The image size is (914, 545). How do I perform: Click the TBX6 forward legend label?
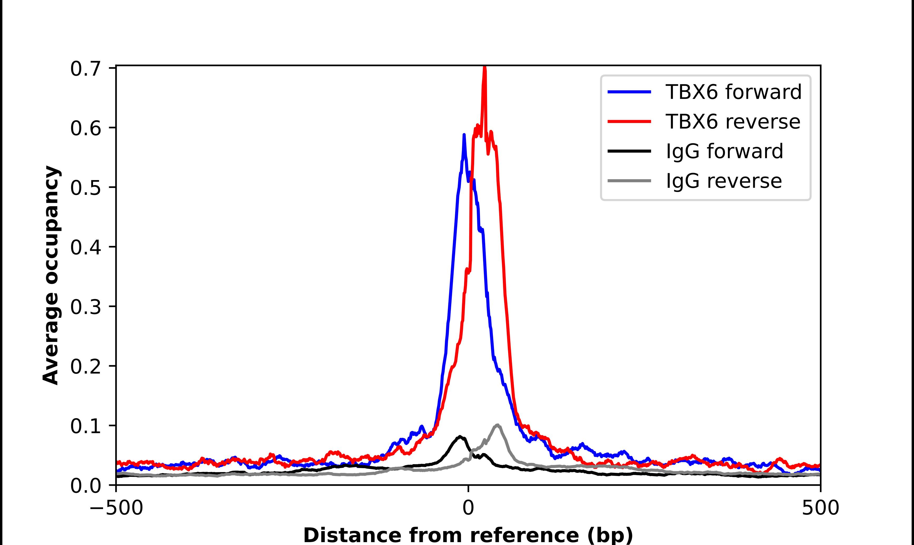coord(733,92)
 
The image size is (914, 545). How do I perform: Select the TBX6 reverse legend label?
coord(732,122)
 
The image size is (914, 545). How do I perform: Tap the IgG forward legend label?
coord(724,151)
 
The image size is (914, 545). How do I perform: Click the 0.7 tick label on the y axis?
coord(85,69)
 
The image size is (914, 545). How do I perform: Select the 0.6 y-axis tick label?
coord(85,128)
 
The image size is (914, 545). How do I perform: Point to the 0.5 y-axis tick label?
coord(85,188)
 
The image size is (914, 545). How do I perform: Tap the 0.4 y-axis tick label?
coord(85,247)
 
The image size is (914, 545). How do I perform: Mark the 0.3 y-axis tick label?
coord(85,307)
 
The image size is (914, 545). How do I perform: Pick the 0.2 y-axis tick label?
coord(85,366)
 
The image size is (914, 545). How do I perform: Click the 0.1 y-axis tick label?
coord(85,426)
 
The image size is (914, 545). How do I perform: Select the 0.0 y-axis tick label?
coord(85,486)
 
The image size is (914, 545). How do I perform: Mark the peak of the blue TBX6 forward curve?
coord(464,135)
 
